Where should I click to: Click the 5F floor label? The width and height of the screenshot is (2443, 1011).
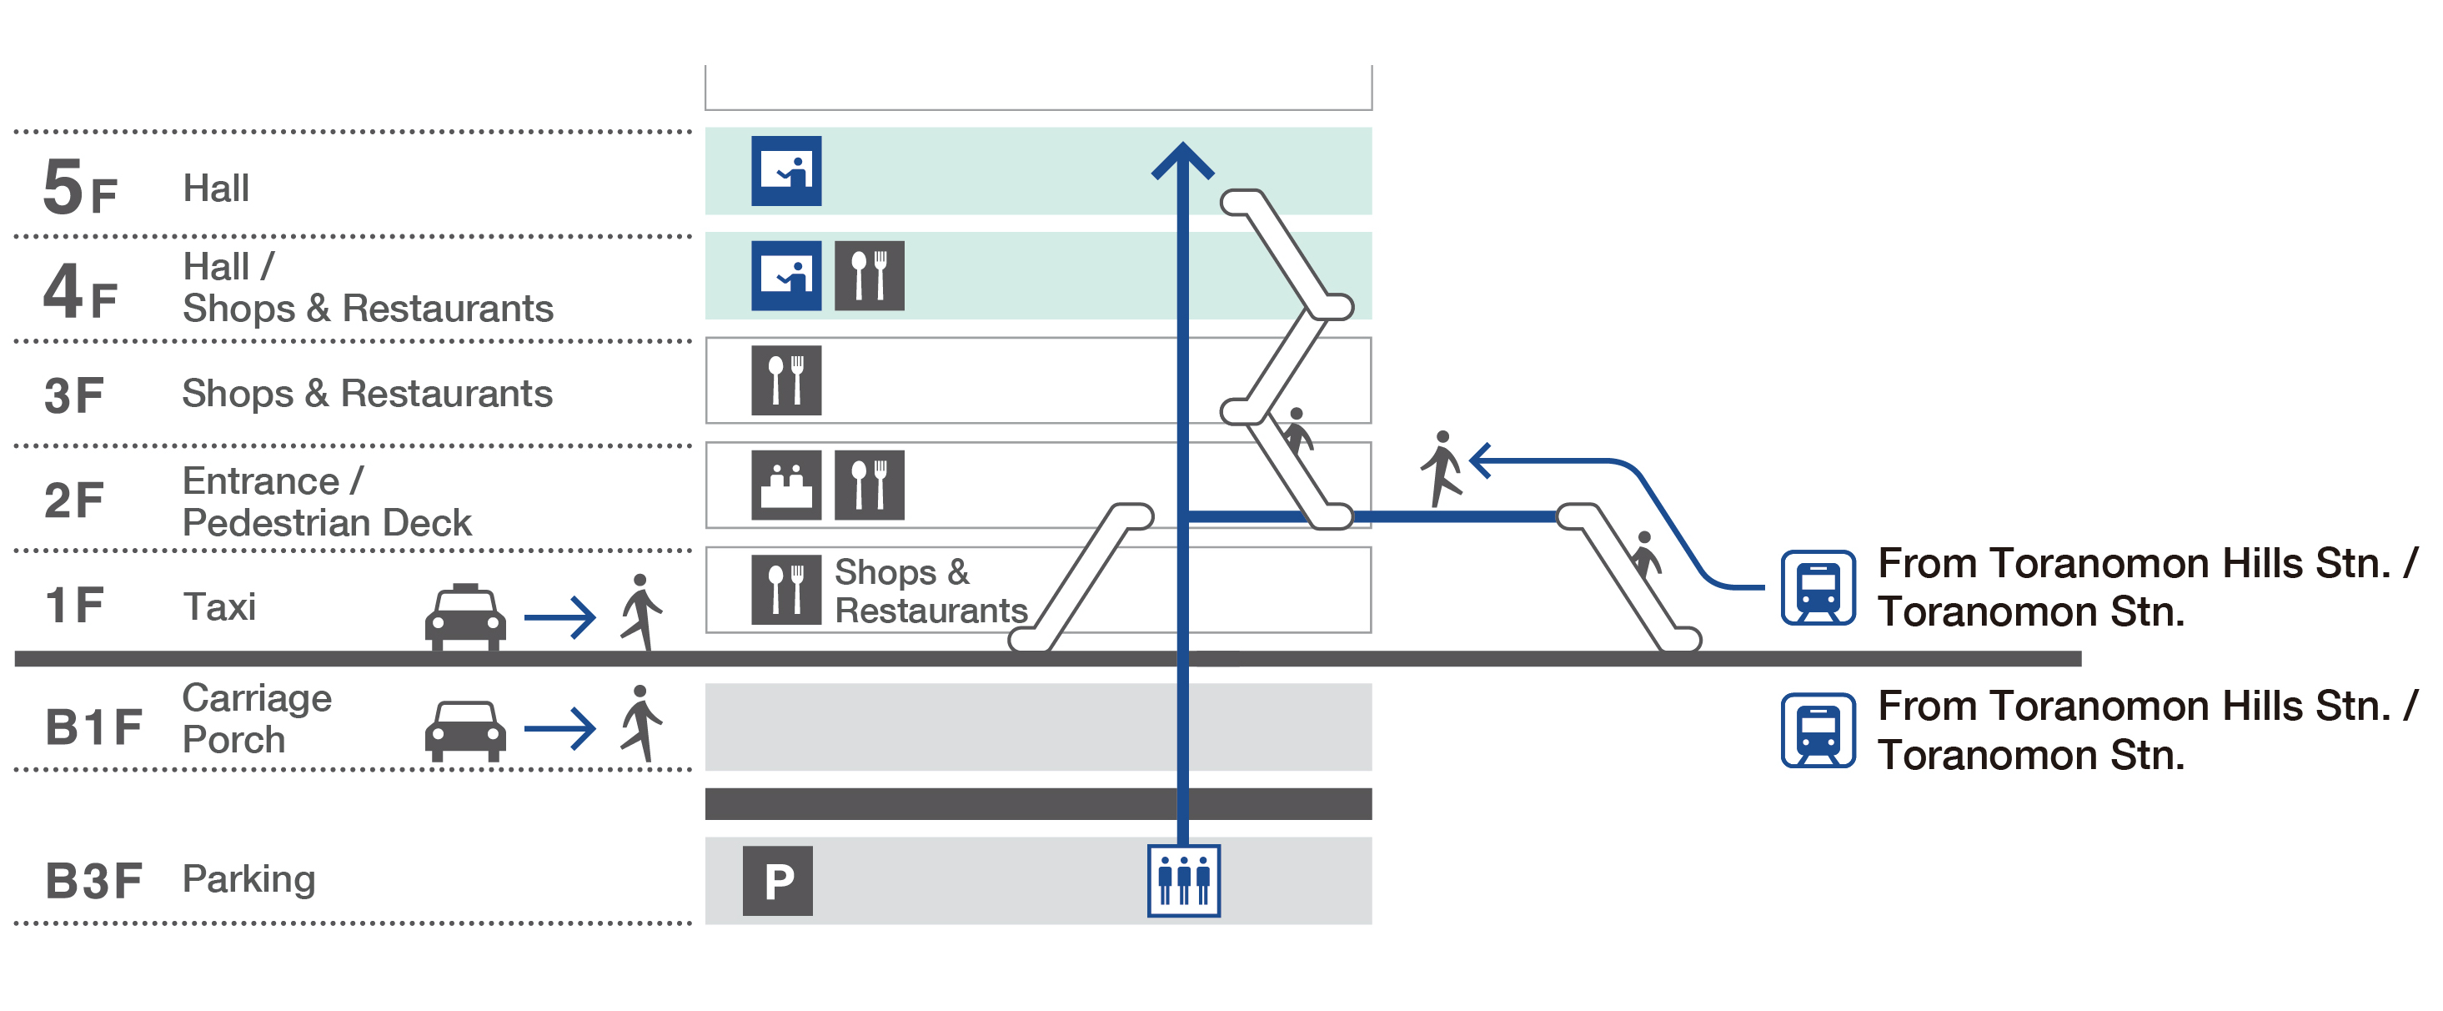pyautogui.click(x=80, y=189)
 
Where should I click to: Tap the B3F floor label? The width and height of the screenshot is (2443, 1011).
pyautogui.click(x=93, y=881)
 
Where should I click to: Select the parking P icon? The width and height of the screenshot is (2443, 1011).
pyautogui.click(x=777, y=881)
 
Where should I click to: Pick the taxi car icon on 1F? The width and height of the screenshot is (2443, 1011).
pyautogui.click(x=464, y=616)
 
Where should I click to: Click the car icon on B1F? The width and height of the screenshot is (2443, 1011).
pyautogui.click(x=464, y=729)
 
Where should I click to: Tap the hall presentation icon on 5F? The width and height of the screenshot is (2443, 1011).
pyautogui.click(x=786, y=172)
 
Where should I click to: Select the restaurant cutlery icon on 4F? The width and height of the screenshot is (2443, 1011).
pyautogui.click(x=869, y=276)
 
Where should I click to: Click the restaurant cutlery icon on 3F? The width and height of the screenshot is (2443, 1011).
pyautogui.click(x=786, y=380)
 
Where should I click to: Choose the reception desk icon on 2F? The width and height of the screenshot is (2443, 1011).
pyautogui.click(x=786, y=485)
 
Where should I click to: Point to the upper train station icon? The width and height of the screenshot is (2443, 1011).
pyautogui.click(x=1817, y=588)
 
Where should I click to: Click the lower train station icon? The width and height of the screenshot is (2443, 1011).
pyautogui.click(x=1817, y=730)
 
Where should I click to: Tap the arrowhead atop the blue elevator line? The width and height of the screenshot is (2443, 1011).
pyautogui.click(x=1182, y=159)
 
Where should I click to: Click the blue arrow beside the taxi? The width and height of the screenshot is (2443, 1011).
pyautogui.click(x=559, y=618)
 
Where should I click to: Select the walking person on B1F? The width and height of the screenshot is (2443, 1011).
pyautogui.click(x=641, y=724)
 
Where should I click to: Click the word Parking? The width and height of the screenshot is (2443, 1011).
pyautogui.click(x=248, y=879)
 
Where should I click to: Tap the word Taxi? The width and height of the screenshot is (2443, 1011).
pyautogui.click(x=219, y=607)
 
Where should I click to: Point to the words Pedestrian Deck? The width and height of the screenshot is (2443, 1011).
pyautogui.click(x=326, y=522)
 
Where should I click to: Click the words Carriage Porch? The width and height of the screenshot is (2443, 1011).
pyautogui.click(x=256, y=719)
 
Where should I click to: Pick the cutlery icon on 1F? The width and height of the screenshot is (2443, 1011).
pyautogui.click(x=786, y=589)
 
